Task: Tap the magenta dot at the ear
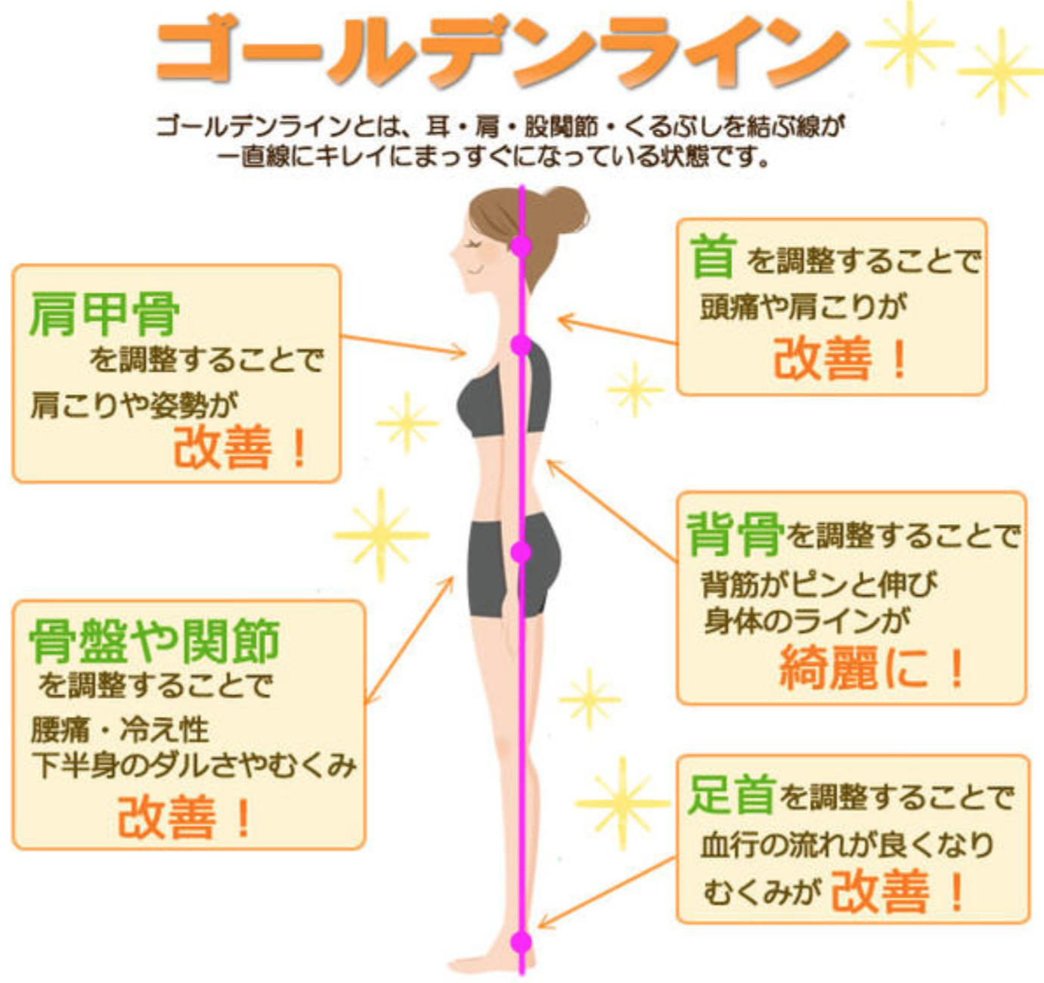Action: point(521,246)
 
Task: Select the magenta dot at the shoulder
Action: point(521,345)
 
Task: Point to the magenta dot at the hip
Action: point(521,552)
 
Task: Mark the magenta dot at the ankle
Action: point(521,942)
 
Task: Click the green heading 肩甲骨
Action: point(104,314)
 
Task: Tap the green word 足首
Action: point(731,795)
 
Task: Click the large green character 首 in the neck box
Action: point(712,256)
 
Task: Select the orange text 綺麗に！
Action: point(872,668)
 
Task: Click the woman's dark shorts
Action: point(513,566)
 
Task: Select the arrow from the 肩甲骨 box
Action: point(404,346)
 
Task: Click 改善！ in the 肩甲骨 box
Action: point(239,447)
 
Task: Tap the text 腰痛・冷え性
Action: point(120,730)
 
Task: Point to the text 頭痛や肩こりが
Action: point(804,307)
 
